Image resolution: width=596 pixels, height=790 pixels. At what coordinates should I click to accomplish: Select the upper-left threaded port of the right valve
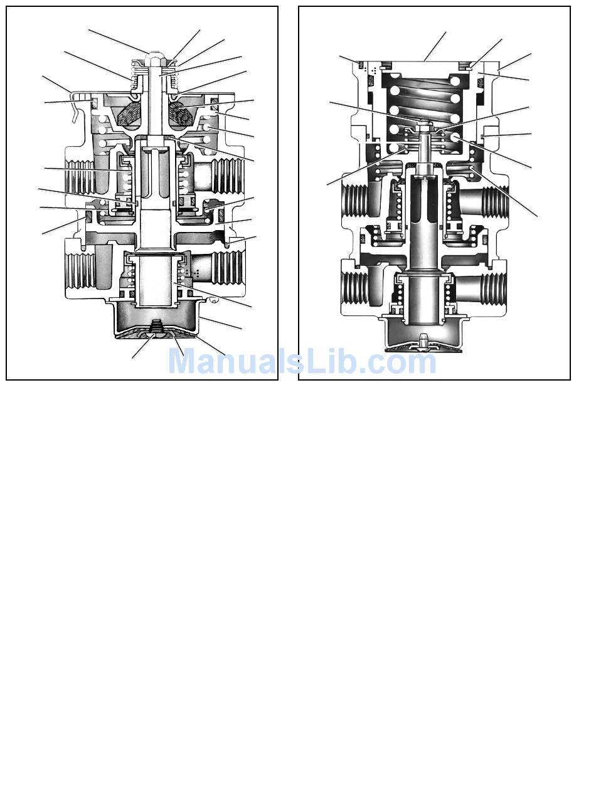coord(354,200)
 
